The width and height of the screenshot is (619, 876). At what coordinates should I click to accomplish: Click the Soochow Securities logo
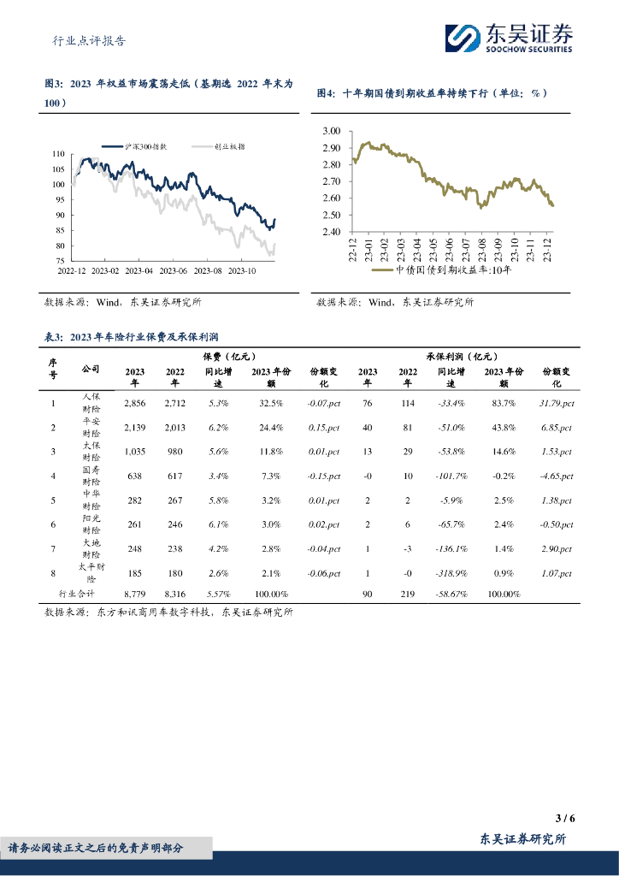click(509, 38)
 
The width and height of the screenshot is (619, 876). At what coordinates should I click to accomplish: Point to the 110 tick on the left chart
click(58, 154)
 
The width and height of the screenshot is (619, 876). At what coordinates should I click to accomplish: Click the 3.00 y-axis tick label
click(332, 131)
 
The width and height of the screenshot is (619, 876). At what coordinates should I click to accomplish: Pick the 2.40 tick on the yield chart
click(332, 231)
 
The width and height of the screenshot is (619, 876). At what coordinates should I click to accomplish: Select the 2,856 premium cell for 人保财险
click(135, 403)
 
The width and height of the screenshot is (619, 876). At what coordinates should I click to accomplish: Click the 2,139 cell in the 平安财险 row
click(135, 427)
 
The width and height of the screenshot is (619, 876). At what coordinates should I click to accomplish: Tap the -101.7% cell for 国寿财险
click(451, 475)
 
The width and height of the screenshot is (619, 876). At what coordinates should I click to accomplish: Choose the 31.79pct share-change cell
click(557, 403)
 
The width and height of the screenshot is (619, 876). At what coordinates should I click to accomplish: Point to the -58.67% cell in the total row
click(451, 593)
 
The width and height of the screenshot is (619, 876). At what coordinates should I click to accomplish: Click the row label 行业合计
click(76, 593)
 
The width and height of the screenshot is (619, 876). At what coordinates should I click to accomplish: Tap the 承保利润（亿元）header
click(462, 356)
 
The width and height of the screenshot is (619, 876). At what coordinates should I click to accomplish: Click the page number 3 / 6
click(564, 818)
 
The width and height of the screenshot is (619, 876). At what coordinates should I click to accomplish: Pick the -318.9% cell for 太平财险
click(451, 571)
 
